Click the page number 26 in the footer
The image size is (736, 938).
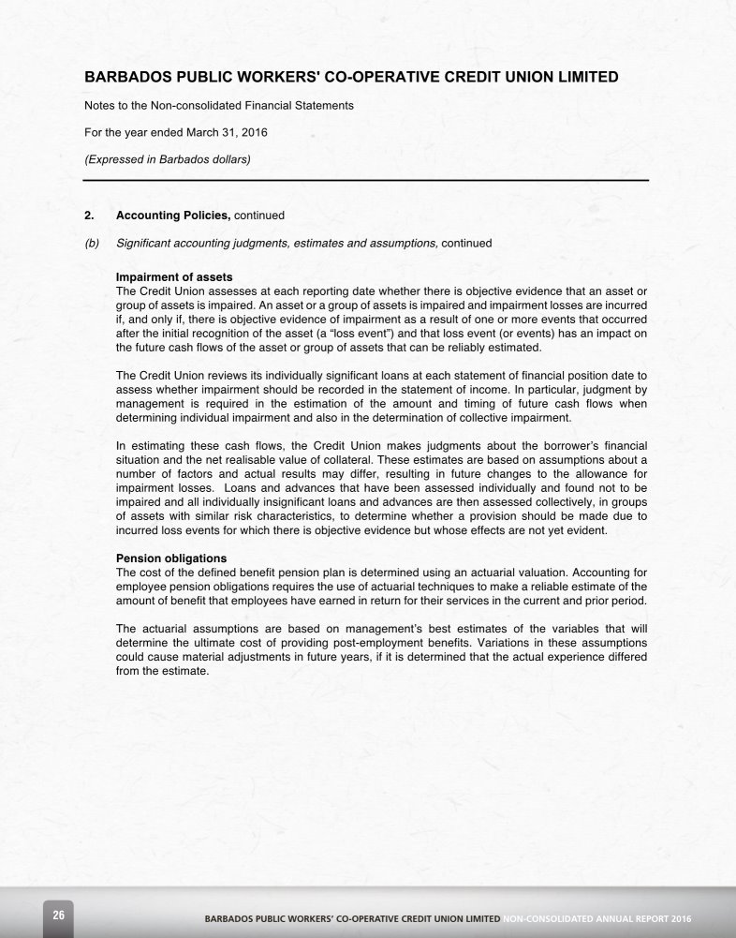tap(58, 915)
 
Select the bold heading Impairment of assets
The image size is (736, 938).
tap(174, 277)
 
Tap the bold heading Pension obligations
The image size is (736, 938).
tap(170, 558)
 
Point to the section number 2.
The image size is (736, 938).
tap(89, 216)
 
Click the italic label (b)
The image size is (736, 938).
tap(92, 244)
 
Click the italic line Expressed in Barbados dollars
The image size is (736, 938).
tap(168, 159)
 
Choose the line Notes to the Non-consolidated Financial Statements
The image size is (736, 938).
tap(219, 106)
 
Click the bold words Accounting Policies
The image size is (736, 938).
tap(172, 216)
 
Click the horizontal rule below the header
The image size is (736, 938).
tap(366, 180)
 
